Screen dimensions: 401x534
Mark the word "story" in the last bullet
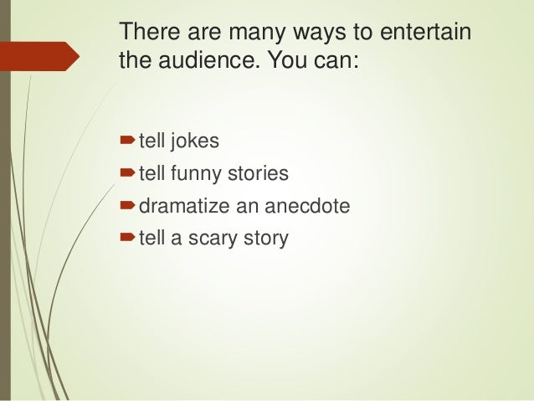pyautogui.click(x=265, y=239)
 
